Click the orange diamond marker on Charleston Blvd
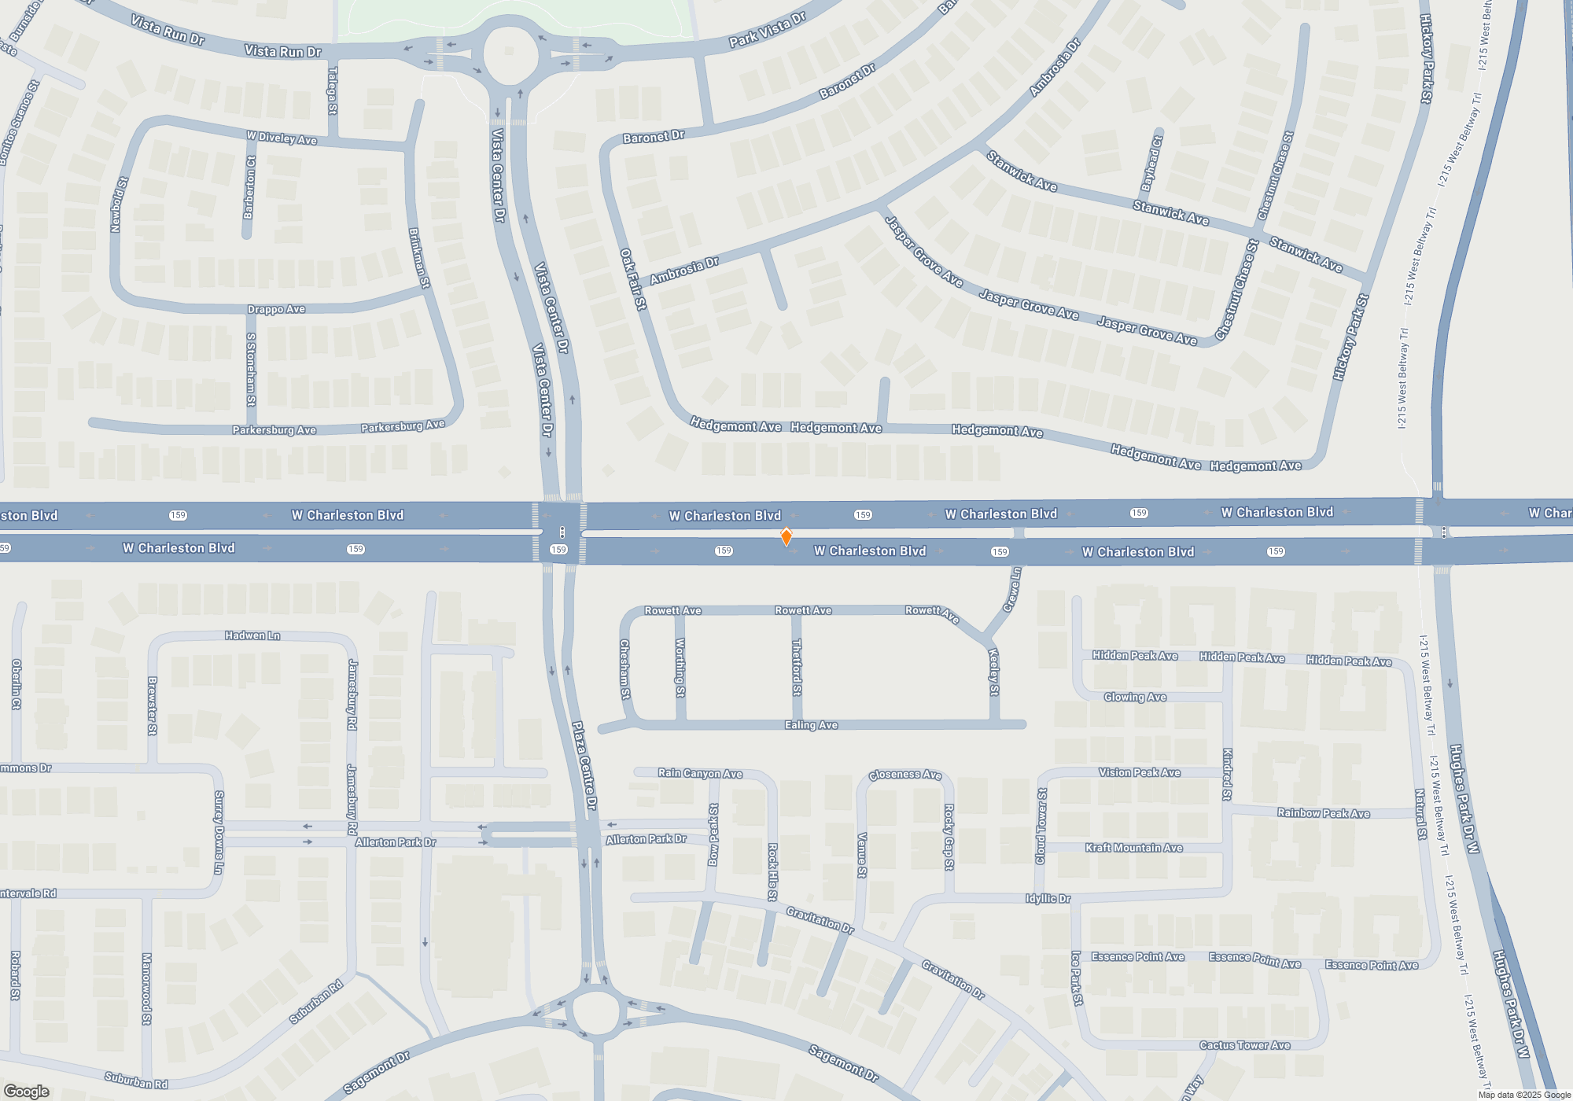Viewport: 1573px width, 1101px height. pos(786,536)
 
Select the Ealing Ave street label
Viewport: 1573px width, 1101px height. pos(811,725)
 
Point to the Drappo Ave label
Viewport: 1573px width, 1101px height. pos(276,310)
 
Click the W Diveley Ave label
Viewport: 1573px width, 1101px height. pos(282,138)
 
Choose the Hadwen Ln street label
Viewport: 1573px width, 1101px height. pos(252,635)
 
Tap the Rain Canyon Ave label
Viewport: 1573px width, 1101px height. pos(700,773)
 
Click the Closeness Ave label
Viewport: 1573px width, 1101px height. pos(904,775)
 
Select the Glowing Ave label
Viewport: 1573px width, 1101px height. pos(1135,697)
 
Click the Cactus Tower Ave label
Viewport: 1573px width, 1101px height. pos(1244,1045)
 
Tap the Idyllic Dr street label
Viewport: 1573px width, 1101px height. pos(1048,898)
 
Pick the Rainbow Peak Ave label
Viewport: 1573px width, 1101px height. pos(1323,813)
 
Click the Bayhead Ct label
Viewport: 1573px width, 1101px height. pos(1151,164)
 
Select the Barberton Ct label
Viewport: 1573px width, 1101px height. pos(249,187)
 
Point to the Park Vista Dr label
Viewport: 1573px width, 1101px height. pos(767,30)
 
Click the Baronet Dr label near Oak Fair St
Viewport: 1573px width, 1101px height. pos(654,137)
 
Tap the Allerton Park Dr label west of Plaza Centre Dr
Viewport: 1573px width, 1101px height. pos(395,842)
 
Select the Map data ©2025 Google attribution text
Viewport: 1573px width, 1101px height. pos(1524,1095)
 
